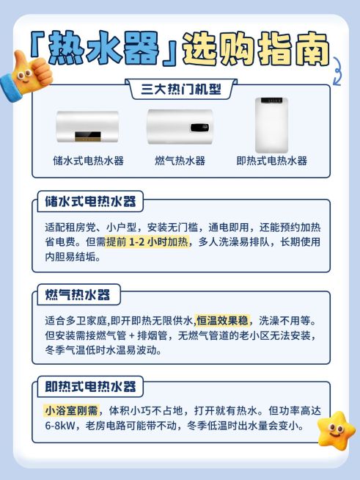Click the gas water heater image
click(180, 126)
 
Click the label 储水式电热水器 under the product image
click(88, 161)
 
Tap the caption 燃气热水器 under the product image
click(180, 161)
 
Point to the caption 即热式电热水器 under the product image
click(271, 161)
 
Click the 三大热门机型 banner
click(180, 90)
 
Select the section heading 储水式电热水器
click(90, 202)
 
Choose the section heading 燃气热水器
click(77, 295)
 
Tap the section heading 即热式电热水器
click(90, 387)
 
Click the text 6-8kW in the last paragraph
click(60, 426)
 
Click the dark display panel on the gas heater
click(198, 126)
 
